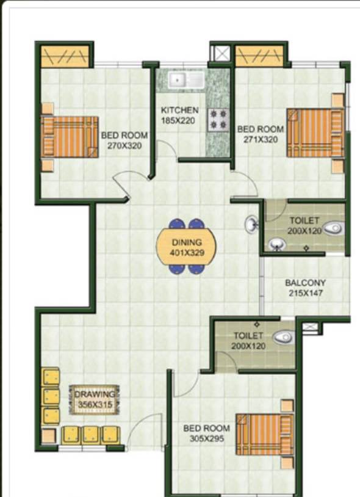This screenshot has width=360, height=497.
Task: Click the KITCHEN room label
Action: click(x=179, y=110)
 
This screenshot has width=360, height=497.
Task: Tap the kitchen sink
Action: click(x=186, y=80)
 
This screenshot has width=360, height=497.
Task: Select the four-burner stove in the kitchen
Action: click(x=218, y=120)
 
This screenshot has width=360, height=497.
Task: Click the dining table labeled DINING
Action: click(x=187, y=247)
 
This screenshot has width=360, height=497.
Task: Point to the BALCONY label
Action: click(x=305, y=283)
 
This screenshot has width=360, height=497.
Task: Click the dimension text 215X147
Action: click(x=306, y=293)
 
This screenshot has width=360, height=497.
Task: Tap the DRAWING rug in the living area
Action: click(x=95, y=399)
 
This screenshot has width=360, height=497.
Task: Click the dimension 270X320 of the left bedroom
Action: click(x=124, y=146)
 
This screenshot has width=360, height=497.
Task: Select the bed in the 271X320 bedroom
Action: click(x=315, y=133)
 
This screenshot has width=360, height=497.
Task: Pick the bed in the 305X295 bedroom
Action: click(x=265, y=434)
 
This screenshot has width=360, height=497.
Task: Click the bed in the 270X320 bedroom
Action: click(x=70, y=137)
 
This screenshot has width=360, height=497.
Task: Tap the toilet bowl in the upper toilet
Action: click(x=333, y=228)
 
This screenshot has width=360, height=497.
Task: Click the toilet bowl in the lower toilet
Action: click(x=284, y=337)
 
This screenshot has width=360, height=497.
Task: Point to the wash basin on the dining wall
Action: click(x=252, y=224)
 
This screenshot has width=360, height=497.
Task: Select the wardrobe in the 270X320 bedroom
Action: click(x=65, y=56)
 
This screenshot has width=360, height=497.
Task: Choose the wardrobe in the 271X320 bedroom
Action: click(x=259, y=56)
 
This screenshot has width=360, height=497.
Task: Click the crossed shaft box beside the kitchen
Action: click(x=221, y=53)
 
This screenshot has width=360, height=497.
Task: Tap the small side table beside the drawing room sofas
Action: click(x=49, y=436)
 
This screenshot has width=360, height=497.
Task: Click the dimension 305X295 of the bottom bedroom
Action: click(x=207, y=438)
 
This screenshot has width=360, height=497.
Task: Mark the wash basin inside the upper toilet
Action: click(x=277, y=244)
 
